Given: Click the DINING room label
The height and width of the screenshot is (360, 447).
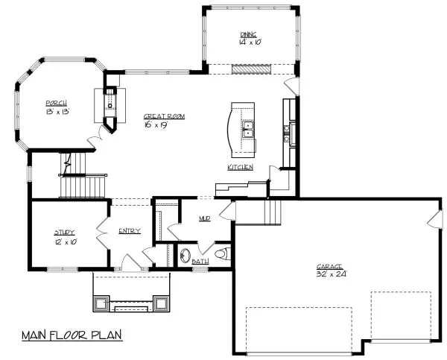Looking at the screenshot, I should point(248,34).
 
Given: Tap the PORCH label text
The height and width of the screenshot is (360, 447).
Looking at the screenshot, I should point(57,102).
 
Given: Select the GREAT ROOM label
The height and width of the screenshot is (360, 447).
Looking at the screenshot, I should point(164,116).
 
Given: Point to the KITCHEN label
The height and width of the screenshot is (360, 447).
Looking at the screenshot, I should point(241,168).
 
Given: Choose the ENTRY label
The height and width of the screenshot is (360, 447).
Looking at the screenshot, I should point(130,231).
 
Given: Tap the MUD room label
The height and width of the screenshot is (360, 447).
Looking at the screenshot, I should point(205,219).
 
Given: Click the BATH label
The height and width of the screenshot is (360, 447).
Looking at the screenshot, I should point(200,262).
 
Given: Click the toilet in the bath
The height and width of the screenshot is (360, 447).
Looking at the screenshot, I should point(221,255).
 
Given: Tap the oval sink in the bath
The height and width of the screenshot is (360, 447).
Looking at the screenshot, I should point(184,256).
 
